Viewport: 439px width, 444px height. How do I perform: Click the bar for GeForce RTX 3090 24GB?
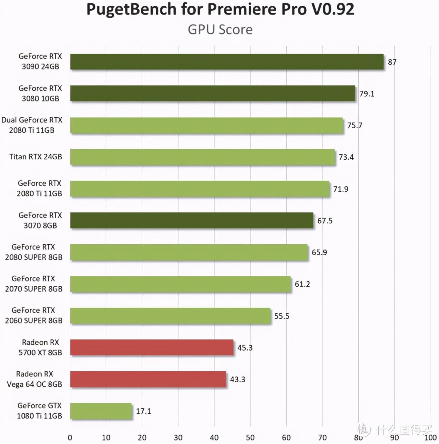[x=227, y=62]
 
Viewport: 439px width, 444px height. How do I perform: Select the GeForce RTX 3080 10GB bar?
[x=212, y=93]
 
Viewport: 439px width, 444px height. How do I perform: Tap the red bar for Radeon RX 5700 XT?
[x=152, y=347]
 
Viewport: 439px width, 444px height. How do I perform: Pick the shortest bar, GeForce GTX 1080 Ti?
[x=101, y=411]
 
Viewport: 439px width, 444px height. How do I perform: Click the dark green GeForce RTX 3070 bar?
[x=192, y=220]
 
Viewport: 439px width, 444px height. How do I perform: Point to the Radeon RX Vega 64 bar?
[x=148, y=379]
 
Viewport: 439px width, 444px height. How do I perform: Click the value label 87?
[x=392, y=62]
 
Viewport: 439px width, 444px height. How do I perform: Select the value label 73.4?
[x=346, y=157]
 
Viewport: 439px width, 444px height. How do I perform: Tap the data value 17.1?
[x=143, y=411]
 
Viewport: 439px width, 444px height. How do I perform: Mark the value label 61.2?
[x=302, y=284]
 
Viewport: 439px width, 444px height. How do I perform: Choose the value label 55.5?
[x=282, y=316]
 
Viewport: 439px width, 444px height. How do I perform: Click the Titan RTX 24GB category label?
[x=36, y=157]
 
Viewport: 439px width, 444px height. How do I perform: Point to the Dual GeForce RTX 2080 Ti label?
[x=32, y=125]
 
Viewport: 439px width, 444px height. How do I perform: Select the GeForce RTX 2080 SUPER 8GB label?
[x=34, y=252]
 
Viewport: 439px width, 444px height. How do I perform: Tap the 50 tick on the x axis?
[x=250, y=438]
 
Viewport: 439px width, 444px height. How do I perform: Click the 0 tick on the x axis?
[x=70, y=438]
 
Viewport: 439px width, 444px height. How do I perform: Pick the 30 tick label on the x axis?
[x=178, y=438]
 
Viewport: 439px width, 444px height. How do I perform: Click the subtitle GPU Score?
[x=220, y=30]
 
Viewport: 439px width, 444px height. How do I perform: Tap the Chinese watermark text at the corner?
[x=403, y=429]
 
